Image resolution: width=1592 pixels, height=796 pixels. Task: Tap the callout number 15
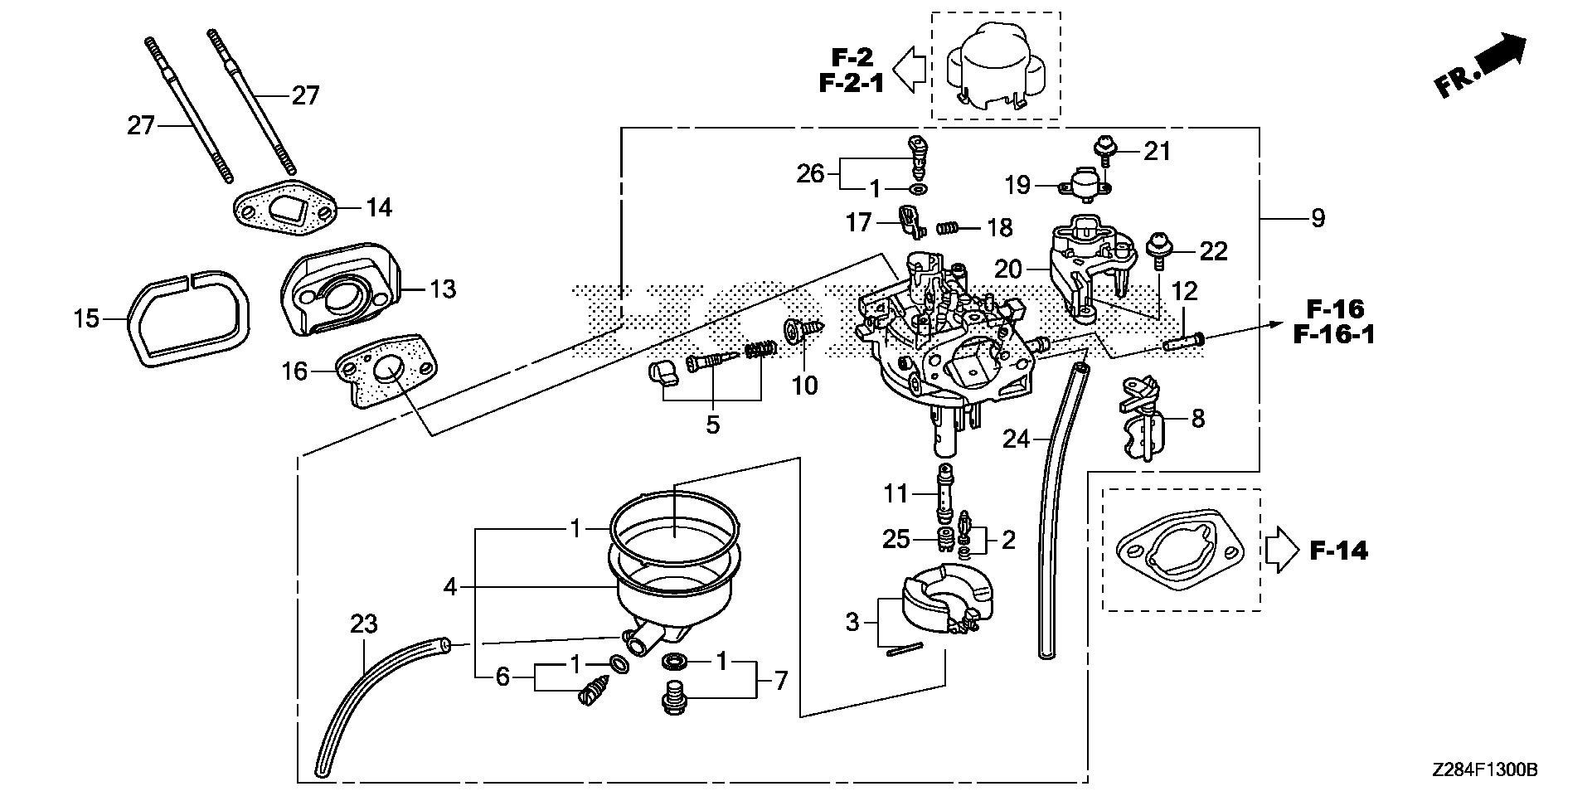tap(86, 318)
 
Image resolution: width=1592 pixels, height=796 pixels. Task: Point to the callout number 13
tap(443, 289)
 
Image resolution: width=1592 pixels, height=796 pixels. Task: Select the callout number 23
tap(366, 624)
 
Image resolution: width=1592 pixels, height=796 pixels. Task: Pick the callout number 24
tap(1016, 439)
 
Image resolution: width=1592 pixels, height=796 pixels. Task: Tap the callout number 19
tap(1017, 185)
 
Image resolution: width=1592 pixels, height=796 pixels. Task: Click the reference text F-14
tap(1338, 551)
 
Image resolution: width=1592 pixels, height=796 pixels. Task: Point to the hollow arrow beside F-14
tap(1282, 550)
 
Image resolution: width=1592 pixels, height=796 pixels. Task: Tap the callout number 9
tap(1318, 219)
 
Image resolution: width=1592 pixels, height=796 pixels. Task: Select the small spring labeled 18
tap(949, 227)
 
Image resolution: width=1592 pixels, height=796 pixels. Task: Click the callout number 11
tap(895, 494)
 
